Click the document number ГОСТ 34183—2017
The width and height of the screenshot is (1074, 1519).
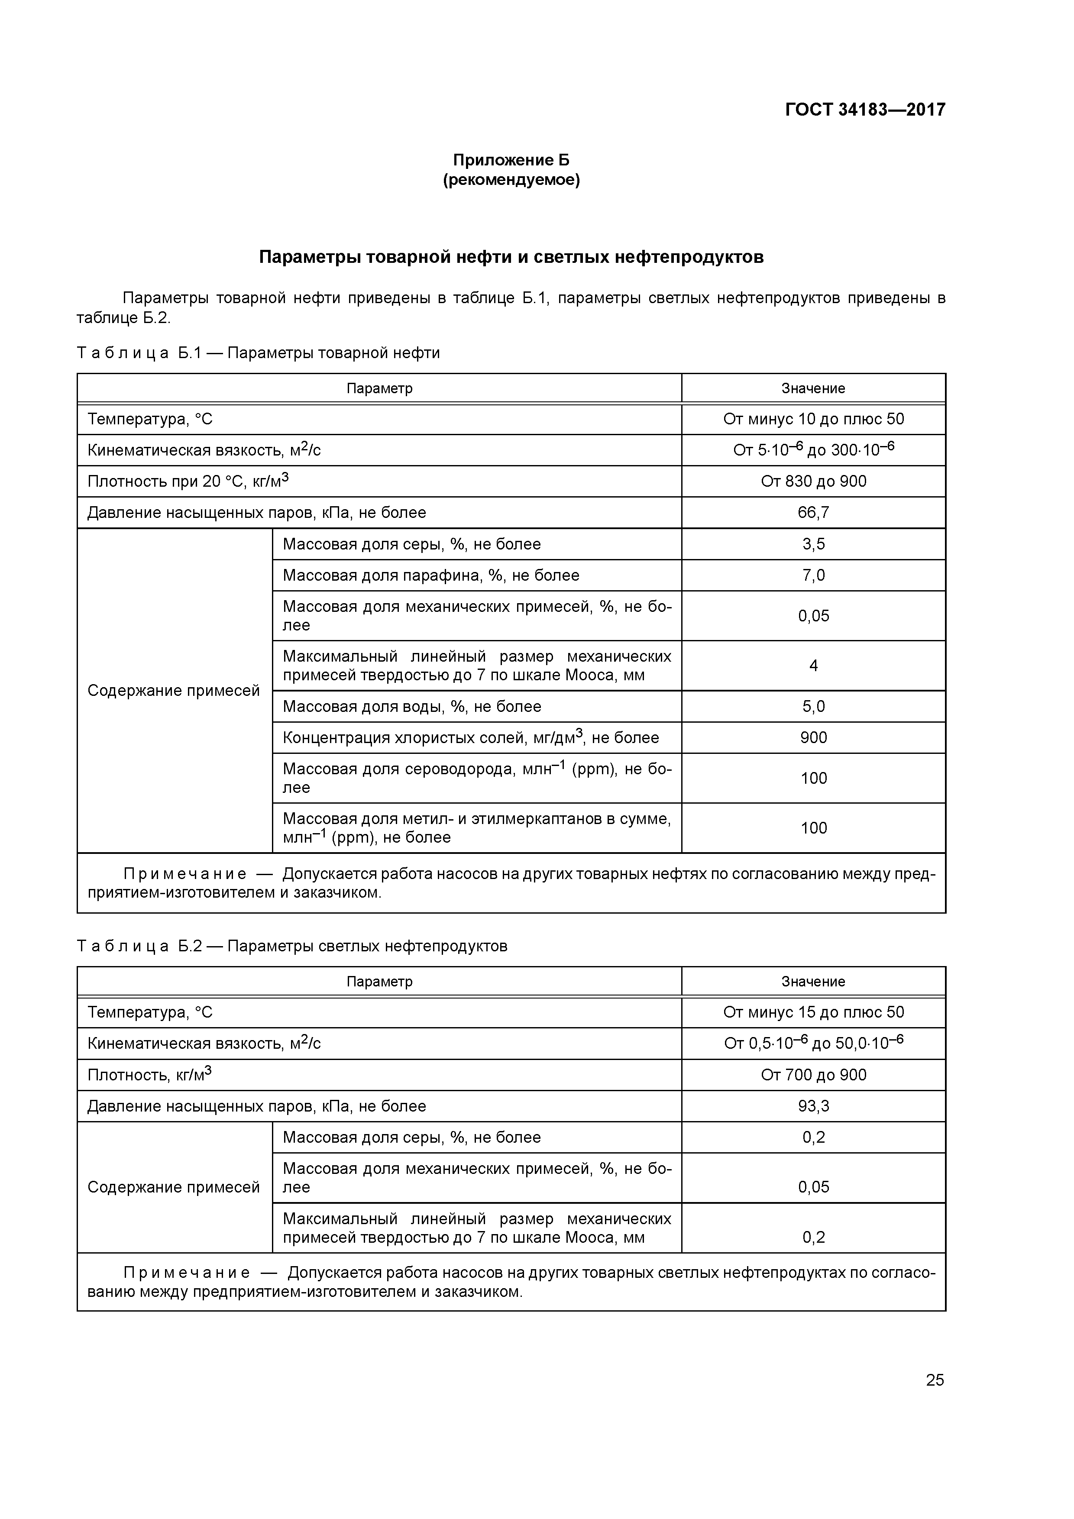tap(865, 109)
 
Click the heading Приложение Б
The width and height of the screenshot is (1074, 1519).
tap(511, 160)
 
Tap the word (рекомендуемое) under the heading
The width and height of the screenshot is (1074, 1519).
tap(511, 180)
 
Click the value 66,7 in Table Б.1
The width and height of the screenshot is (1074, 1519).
tap(813, 513)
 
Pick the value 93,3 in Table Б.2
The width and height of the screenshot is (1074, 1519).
tap(813, 1106)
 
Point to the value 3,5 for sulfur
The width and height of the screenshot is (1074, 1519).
tap(813, 544)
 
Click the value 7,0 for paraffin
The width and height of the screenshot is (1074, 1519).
tap(813, 575)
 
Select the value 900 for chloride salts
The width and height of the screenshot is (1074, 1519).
tap(813, 738)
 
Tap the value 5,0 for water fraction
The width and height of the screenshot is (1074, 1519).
tap(813, 707)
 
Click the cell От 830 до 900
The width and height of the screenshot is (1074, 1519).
tap(813, 481)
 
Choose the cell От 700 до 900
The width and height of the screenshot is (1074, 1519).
tap(813, 1074)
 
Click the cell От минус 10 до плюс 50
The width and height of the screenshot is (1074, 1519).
tap(813, 419)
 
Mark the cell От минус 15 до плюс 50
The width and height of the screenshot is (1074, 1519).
tap(813, 1012)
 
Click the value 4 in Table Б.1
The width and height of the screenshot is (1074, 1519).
tap(813, 666)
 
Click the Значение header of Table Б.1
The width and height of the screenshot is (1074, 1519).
tap(813, 388)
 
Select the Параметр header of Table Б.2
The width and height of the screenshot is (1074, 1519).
tap(379, 982)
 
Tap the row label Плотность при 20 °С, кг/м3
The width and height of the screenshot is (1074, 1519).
tap(188, 481)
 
